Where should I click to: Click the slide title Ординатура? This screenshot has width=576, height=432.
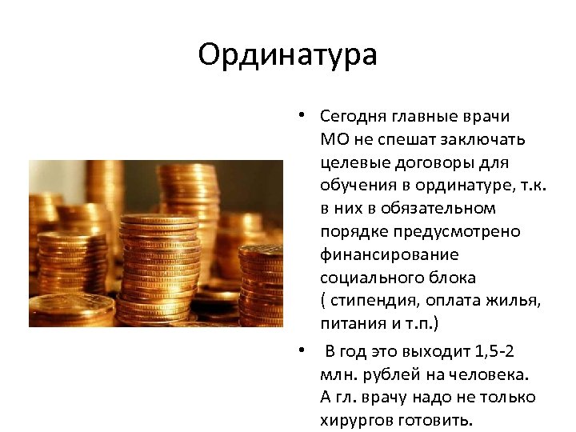click(287, 56)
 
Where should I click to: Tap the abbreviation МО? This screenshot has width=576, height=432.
click(333, 140)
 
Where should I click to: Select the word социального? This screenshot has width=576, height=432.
click(370, 278)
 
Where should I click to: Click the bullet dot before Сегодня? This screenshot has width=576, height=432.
click(296, 117)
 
